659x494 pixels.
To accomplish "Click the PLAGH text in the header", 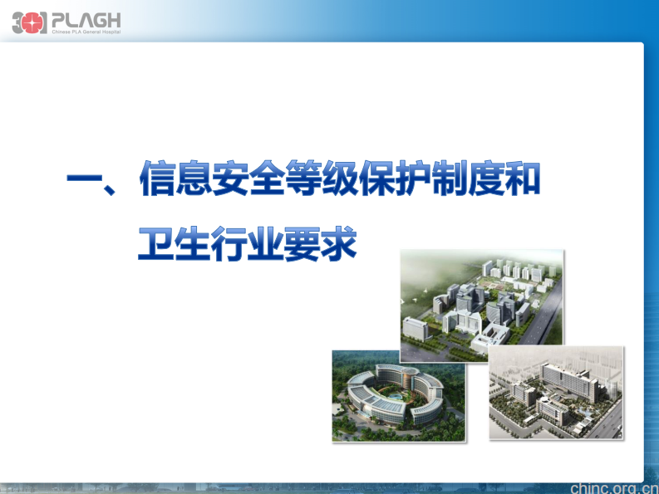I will (x=85, y=18).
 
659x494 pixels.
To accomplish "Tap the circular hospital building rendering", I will (x=398, y=395).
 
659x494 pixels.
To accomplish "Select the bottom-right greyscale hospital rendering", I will (x=555, y=393).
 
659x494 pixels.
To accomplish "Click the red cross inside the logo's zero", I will (x=30, y=23).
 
